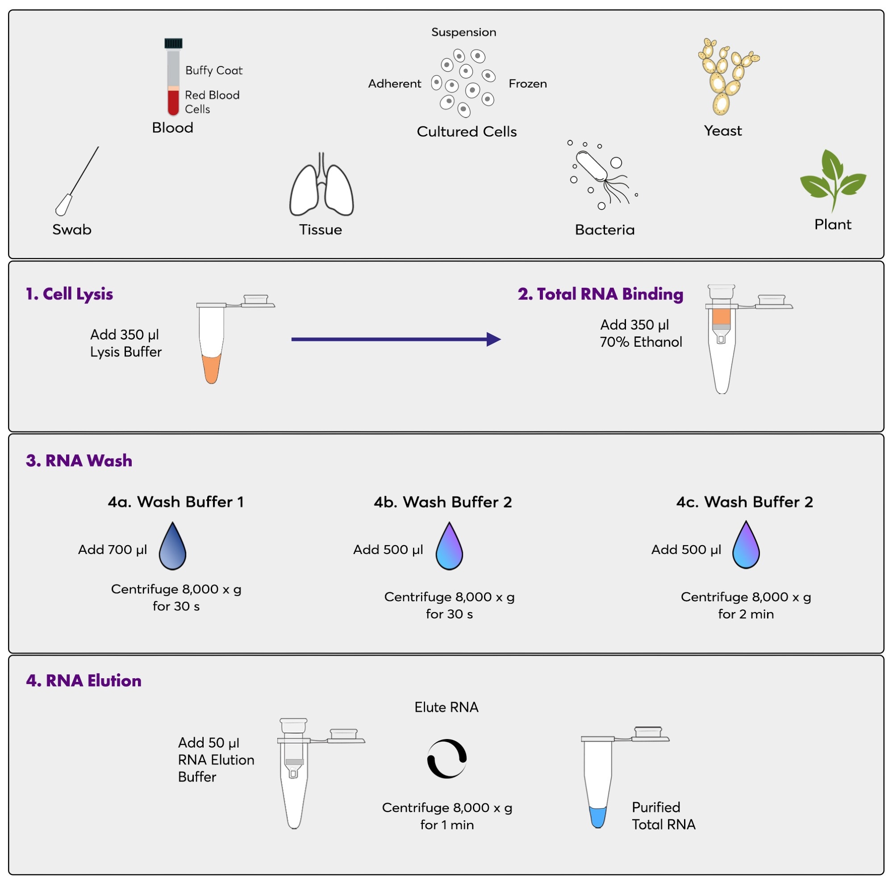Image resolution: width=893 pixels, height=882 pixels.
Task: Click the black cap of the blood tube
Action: coord(173,43)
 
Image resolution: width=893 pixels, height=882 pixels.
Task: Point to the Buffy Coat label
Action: coord(213,70)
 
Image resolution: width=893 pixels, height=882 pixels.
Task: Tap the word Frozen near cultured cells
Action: coord(527,84)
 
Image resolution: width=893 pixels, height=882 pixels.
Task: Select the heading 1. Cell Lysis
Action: coord(69,294)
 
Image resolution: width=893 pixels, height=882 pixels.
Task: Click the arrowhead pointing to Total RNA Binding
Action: coord(493,339)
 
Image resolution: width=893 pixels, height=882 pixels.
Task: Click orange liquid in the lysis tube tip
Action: coord(211,368)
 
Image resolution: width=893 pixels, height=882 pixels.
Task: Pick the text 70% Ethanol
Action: coord(641,342)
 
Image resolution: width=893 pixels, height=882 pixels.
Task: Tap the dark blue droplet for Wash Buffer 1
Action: coord(172,549)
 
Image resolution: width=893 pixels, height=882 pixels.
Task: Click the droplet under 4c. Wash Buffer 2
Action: coord(746,547)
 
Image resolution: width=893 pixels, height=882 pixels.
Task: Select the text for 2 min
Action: coord(746,614)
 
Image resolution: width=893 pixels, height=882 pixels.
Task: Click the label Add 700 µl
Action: coord(113,550)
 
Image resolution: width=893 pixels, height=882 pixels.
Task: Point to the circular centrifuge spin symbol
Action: coord(446,759)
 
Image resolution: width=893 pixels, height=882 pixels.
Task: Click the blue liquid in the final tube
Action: coord(598,817)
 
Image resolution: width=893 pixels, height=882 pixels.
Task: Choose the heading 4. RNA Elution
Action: coord(83,680)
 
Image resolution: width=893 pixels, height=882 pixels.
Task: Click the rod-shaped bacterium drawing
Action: coord(592,167)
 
